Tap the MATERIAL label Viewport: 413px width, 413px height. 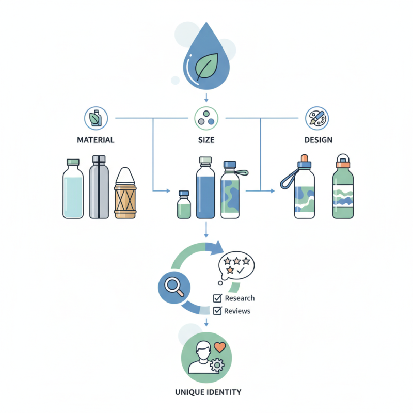(96, 140)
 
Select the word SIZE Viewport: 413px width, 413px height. (206, 140)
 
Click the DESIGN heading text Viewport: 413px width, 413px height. (319, 140)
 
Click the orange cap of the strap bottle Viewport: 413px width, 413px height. (305, 157)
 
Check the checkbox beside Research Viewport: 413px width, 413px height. (217, 298)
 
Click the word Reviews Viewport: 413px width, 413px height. (237, 311)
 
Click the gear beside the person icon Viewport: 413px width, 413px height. (218, 366)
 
